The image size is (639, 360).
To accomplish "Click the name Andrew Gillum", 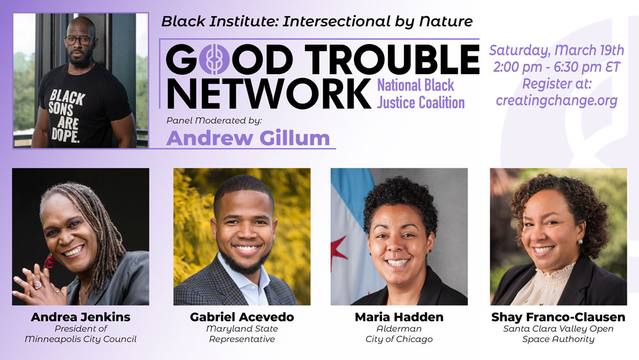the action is click(x=248, y=138).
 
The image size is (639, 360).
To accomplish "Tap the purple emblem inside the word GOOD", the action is click(x=214, y=59).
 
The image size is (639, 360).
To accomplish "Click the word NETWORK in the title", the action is click(x=268, y=93).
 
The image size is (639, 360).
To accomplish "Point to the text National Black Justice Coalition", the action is click(x=420, y=94).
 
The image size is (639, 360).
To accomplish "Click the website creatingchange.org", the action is click(x=557, y=100).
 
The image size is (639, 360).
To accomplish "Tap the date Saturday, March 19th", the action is click(x=557, y=50).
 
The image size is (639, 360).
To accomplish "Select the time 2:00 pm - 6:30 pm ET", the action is click(x=557, y=67).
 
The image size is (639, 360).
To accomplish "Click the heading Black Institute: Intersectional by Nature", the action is click(x=317, y=21).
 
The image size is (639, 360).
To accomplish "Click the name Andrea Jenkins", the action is click(x=81, y=317).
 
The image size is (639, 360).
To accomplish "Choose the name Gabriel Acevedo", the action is click(x=242, y=317).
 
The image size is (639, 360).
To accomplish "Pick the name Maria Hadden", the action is click(x=399, y=317).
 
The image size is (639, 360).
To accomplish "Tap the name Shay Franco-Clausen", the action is click(x=558, y=317).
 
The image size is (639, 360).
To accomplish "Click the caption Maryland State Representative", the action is click(x=242, y=334).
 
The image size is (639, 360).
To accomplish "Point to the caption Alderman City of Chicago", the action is click(x=399, y=334).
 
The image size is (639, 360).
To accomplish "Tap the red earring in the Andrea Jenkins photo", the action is click(x=49, y=262).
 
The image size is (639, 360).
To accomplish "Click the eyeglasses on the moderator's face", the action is click(x=79, y=40).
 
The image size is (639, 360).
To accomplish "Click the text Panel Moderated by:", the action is click(x=214, y=121).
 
